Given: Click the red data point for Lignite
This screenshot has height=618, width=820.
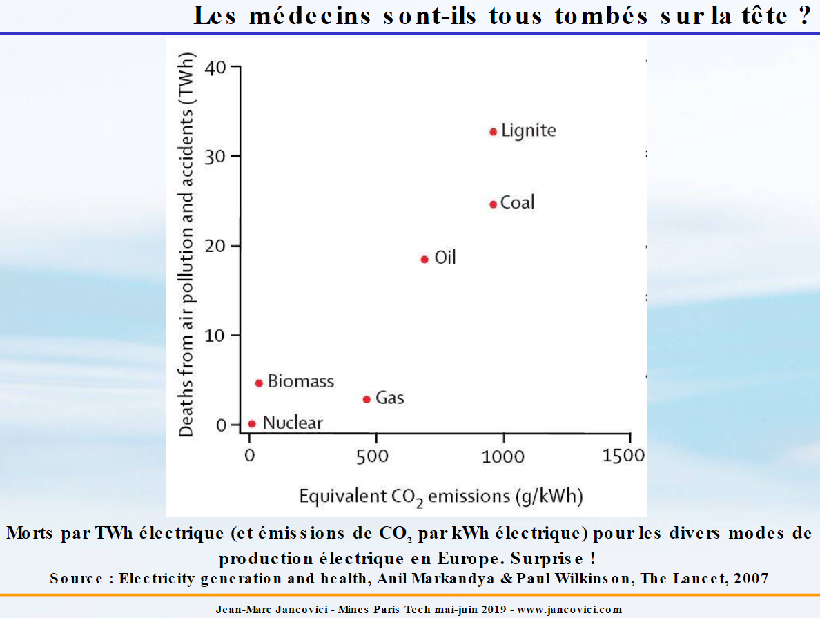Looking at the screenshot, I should pyautogui.click(x=493, y=131).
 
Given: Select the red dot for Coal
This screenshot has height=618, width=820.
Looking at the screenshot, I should pyautogui.click(x=493, y=204).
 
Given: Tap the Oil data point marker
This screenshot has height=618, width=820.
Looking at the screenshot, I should pyautogui.click(x=424, y=259).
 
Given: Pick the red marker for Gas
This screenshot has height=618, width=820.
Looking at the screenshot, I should pyautogui.click(x=367, y=399).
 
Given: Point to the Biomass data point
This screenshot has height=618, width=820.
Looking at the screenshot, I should pyautogui.click(x=259, y=383).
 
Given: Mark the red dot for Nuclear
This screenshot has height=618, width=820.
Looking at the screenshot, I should pyautogui.click(x=252, y=423).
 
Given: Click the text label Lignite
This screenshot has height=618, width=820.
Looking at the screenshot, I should pyautogui.click(x=528, y=131).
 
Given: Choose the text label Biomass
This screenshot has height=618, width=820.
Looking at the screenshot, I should pyautogui.click(x=301, y=381).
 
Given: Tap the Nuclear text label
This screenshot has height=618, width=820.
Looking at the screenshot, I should pyautogui.click(x=293, y=423).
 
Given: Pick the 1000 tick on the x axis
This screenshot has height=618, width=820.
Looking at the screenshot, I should pyautogui.click(x=504, y=456).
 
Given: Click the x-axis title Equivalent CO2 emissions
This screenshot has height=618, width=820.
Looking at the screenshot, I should pyautogui.click(x=441, y=497).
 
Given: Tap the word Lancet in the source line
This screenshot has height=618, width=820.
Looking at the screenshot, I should pyautogui.click(x=695, y=579).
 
